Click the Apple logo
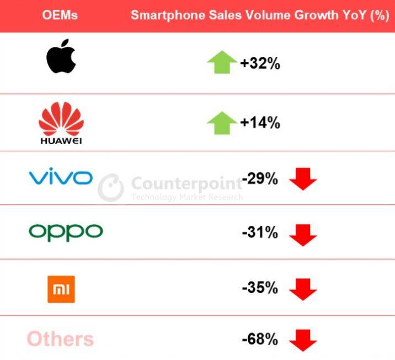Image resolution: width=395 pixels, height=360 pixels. pos(60,56)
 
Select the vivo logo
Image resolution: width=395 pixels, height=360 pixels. pos(60,178)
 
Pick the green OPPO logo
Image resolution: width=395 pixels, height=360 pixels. pos(66,232)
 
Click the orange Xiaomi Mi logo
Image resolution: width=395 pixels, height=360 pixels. pos(61,289)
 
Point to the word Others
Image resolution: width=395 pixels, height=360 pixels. pos(60,339)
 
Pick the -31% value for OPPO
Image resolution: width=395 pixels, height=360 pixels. pos(260,233)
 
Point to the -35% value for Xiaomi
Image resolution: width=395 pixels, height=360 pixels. pos(260,288)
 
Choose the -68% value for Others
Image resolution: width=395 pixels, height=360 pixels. pos(260,339)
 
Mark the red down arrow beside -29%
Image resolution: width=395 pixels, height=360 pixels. pos(303,180)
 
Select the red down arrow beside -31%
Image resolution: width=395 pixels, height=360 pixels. pos(303,235)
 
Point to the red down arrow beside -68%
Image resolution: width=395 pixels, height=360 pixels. pos(303,340)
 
